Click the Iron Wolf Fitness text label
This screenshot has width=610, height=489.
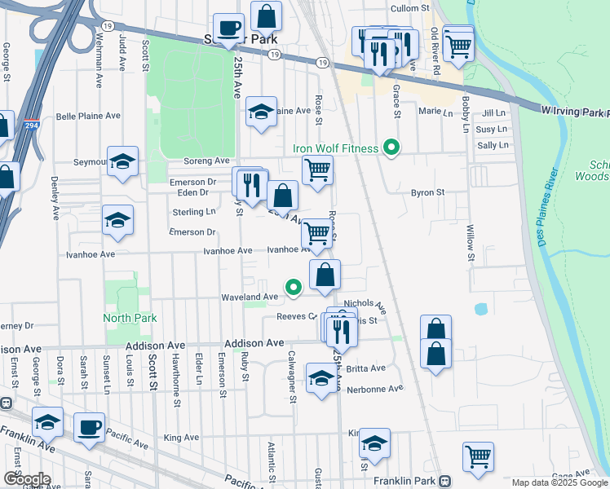click(336, 149)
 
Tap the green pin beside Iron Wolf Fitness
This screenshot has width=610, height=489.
click(392, 148)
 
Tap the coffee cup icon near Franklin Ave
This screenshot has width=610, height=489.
click(89, 427)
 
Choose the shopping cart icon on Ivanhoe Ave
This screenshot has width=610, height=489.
click(316, 235)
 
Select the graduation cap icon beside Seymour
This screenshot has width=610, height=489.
click(122, 161)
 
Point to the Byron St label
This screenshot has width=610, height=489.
click(426, 193)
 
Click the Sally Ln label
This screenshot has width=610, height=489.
click(493, 145)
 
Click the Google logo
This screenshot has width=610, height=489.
click(27, 479)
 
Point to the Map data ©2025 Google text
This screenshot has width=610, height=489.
click(559, 482)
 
